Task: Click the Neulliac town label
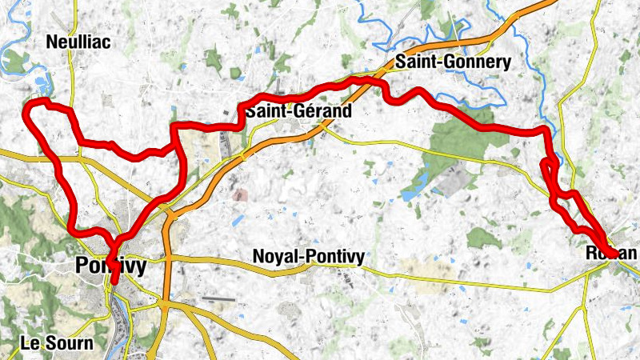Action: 78,42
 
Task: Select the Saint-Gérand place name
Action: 298,111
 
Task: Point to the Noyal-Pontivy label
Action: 308,257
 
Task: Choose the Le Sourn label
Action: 57,343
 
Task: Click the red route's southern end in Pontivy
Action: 114,281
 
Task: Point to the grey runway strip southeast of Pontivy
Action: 218,299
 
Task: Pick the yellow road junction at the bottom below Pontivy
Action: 163,304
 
